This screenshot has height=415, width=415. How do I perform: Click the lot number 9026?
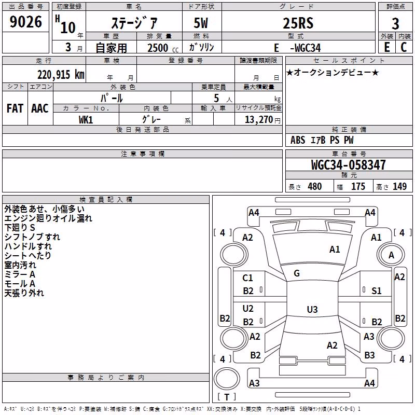25,21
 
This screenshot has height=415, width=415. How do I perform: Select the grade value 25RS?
298,23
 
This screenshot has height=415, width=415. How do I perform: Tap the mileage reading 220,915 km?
61,75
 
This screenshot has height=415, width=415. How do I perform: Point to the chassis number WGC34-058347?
348,165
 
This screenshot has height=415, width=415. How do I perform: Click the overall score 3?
395,24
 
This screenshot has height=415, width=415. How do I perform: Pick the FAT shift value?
15,108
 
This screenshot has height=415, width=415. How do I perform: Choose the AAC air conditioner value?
40,108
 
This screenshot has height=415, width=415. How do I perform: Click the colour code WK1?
86,120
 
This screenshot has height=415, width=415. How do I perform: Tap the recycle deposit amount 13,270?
258,120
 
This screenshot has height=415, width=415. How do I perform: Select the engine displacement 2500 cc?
163,48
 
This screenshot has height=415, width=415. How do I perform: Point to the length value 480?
315,186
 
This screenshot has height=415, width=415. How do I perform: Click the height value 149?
399,186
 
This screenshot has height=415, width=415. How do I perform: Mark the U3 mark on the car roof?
312,309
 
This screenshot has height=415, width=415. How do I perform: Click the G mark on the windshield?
297,273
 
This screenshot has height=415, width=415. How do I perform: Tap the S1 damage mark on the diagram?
377,291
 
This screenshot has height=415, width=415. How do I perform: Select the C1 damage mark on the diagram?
248,278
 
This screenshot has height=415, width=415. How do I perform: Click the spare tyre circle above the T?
227,379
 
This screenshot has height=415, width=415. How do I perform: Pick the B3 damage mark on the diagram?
369,355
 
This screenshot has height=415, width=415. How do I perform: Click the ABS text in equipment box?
298,140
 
